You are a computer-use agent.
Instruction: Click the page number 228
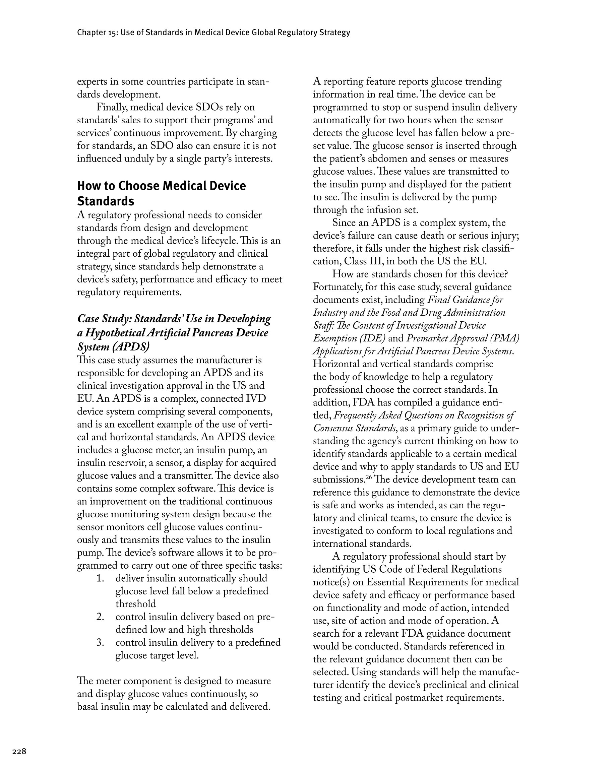pos(19,752)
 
